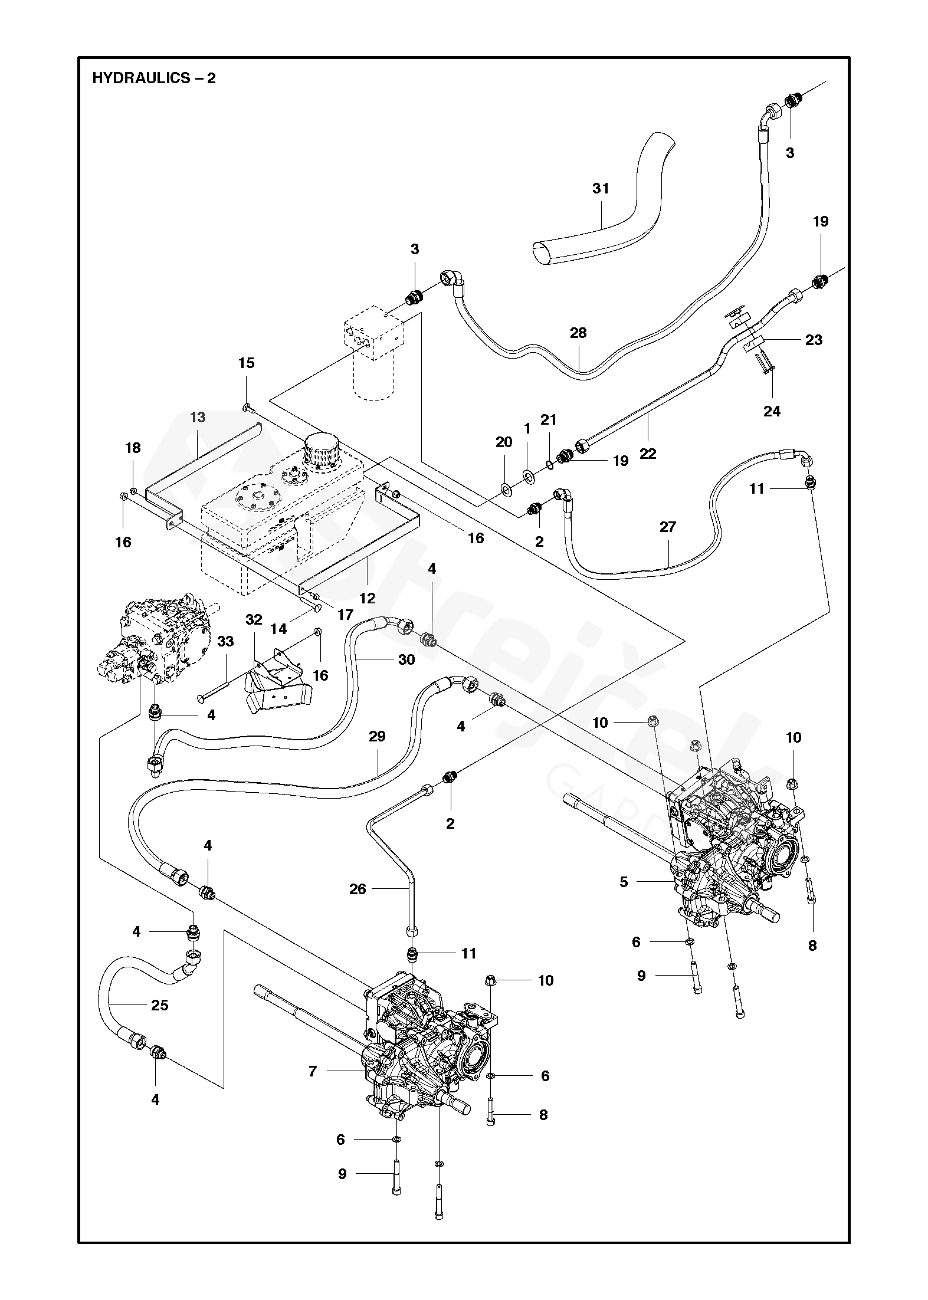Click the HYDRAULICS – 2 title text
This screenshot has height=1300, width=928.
154,78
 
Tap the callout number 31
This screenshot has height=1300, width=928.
601,189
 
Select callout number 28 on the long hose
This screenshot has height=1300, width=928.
578,333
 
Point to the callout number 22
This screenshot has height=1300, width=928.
648,454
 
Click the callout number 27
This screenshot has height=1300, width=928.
667,527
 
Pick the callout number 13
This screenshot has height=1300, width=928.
198,418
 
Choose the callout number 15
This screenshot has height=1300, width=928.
247,363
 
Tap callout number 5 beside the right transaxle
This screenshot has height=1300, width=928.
624,882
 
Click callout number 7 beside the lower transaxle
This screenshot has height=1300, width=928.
313,1071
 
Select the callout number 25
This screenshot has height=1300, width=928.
160,1005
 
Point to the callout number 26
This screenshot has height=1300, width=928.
358,889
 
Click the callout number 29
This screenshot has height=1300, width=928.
377,736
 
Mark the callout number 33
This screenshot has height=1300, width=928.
226,641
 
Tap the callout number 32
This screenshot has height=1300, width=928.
254,619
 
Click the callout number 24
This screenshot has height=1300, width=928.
772,411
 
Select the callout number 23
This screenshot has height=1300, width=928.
814,340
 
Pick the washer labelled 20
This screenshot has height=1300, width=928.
506,471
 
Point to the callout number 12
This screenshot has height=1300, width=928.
367,598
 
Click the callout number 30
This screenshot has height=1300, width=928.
406,659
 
